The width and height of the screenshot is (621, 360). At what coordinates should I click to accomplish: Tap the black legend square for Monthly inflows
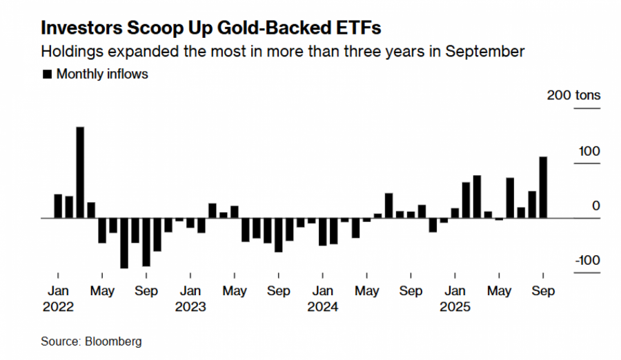47,74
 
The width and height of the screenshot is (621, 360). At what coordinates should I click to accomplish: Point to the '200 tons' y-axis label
573,95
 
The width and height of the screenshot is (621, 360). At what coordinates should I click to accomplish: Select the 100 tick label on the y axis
589,151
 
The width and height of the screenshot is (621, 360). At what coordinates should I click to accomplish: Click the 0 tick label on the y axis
595,206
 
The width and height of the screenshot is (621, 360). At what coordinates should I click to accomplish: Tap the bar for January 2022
58,206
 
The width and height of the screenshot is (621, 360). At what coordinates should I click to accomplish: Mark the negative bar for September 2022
146,241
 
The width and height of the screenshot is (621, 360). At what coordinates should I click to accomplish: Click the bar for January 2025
455,213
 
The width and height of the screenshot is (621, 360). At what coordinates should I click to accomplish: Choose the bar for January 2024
322,232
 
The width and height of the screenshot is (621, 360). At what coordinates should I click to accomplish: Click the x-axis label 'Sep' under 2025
543,290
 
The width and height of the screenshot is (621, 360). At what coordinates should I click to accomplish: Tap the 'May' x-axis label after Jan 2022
102,290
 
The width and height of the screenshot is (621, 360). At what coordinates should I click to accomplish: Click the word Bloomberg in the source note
113,341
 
